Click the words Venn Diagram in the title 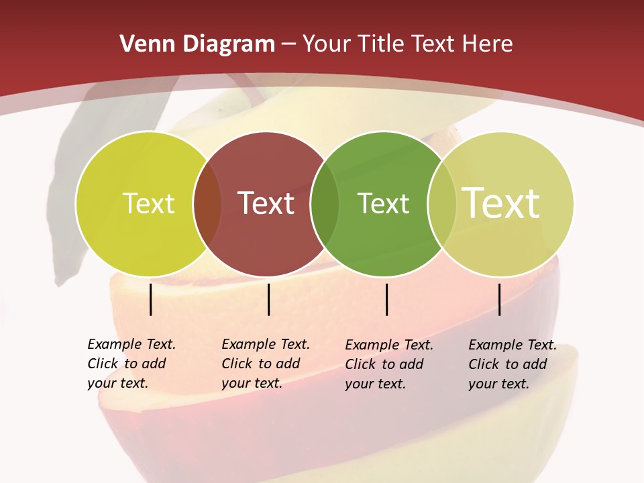(x=197, y=44)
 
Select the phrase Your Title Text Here (x=407, y=44)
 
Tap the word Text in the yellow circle (x=148, y=203)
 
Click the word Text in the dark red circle (x=266, y=203)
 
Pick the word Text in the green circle (x=383, y=203)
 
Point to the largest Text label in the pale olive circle (x=501, y=203)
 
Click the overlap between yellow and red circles (x=207, y=204)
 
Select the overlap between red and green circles (x=325, y=204)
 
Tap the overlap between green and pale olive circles (x=441, y=204)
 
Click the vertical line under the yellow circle (x=151, y=299)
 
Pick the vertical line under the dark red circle (x=268, y=299)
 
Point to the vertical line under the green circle (x=387, y=299)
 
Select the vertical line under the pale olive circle (x=500, y=299)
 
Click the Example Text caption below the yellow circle (x=131, y=364)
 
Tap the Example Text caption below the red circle (x=265, y=364)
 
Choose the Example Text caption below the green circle (x=388, y=364)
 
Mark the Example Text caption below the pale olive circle (x=512, y=364)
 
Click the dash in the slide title (x=288, y=45)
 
